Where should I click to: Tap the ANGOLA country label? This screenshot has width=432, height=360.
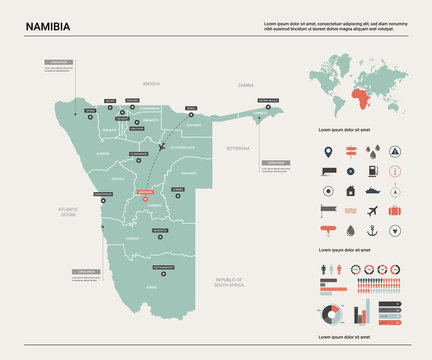pos(152,84)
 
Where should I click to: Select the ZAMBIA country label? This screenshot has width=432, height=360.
pos(246,86)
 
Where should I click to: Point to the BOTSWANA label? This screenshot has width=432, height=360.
pos(238,147)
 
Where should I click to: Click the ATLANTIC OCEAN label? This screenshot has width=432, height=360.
pos(67,210)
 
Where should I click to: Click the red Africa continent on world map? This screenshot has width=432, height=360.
pos(356,99)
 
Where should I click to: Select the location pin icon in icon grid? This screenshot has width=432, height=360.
pos(327,153)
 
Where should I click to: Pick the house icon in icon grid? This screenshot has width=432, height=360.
pos(350,190)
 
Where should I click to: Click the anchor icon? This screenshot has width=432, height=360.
pos(372,230)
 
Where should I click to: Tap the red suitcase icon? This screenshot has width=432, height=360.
pos(395,211)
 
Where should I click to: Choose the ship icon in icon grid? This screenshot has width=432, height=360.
pos(372,190)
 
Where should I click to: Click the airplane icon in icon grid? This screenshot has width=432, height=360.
pos(372,211)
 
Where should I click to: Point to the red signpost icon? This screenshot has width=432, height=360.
pos(350,153)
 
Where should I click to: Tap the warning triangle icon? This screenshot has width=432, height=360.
pos(395,153)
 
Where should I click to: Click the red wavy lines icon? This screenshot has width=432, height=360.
pos(350,211)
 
